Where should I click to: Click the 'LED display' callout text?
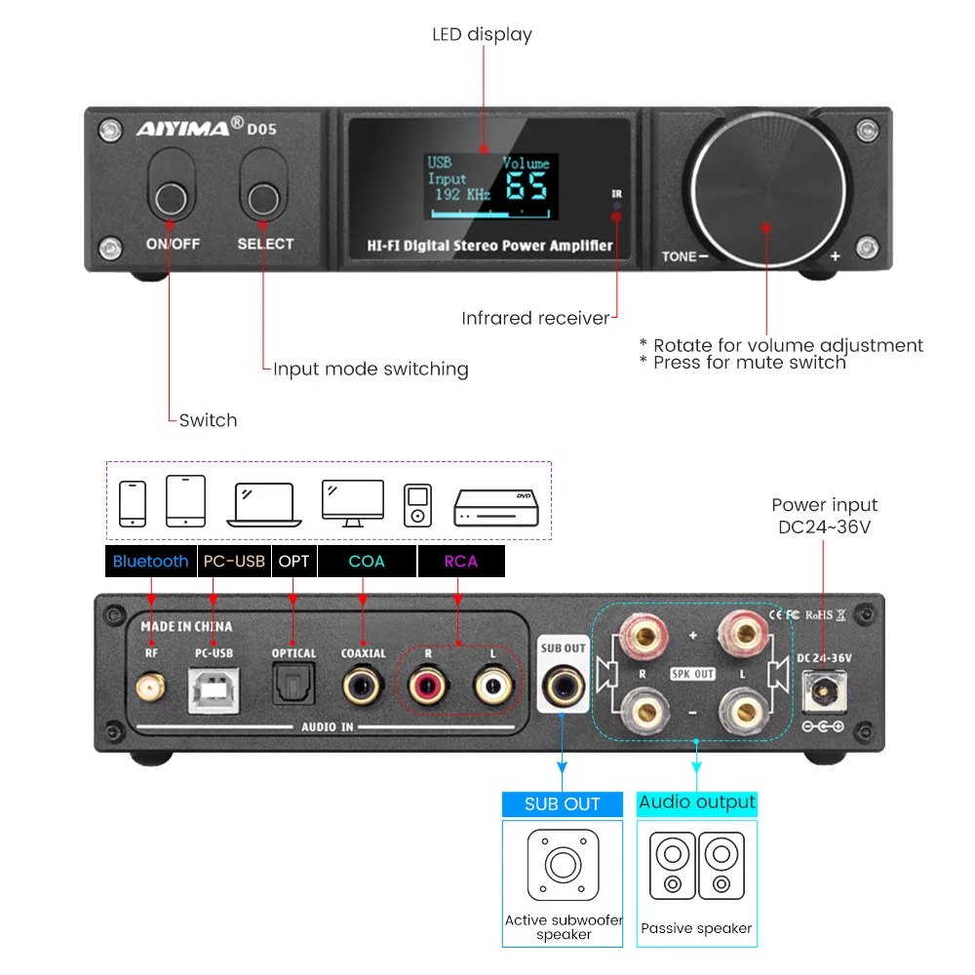pos(482,35)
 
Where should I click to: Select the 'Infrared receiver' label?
pos(535,318)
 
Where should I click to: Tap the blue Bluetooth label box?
pos(150,562)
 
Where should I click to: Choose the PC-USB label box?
pos(233,562)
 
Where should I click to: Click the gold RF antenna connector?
pos(151,690)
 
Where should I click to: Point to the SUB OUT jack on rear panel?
pos(562,687)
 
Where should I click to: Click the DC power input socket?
pos(822,694)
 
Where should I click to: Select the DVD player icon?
pos(496,507)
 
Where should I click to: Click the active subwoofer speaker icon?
pos(563,865)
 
